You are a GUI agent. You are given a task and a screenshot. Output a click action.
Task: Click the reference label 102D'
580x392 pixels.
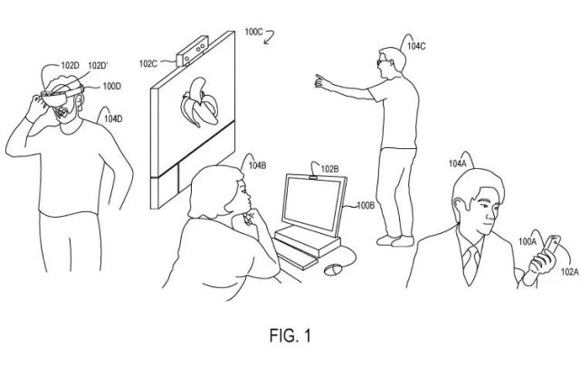click(98, 66)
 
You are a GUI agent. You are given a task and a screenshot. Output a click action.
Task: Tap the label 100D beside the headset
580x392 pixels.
click(111, 87)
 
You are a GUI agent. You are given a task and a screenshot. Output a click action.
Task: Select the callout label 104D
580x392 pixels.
click(113, 118)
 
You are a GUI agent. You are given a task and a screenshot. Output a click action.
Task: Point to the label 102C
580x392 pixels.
click(148, 64)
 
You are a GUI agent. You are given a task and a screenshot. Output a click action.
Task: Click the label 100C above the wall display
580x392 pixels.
click(253, 32)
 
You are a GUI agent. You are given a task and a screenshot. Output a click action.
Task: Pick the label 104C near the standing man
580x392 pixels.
click(416, 46)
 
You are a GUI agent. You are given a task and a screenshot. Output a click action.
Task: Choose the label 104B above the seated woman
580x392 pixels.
click(257, 165)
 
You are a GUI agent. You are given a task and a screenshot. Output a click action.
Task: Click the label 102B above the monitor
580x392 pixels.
click(329, 169)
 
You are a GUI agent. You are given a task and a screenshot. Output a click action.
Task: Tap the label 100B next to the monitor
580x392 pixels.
click(366, 205)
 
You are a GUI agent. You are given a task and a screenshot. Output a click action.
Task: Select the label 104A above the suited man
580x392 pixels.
click(458, 163)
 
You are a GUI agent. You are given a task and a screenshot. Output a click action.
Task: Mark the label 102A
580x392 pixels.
click(570, 272)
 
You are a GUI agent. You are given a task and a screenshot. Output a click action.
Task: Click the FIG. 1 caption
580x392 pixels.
click(290, 335)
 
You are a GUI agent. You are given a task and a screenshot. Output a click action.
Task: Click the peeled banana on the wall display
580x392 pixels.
click(199, 102)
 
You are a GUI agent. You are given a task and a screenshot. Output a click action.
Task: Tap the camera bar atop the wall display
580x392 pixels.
click(192, 51)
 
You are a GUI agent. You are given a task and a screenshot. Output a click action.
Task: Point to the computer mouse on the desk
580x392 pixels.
click(333, 269)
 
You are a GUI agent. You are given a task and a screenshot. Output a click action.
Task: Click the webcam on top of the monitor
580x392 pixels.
click(314, 178)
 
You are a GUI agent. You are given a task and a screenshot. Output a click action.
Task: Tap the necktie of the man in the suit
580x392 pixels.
click(471, 265)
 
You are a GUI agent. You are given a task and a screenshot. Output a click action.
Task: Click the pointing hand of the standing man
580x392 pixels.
click(321, 81)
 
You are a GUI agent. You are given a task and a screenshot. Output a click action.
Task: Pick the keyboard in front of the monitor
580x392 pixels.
click(296, 253)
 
